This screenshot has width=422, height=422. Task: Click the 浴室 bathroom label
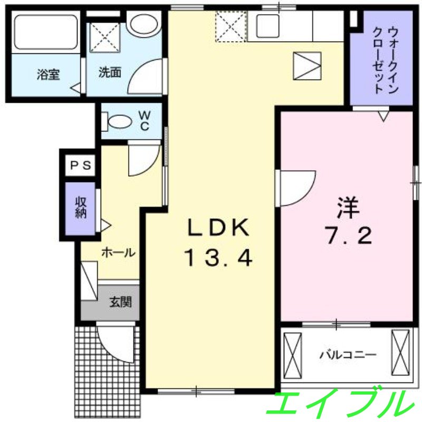[48, 74]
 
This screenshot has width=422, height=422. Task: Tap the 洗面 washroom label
[110, 72]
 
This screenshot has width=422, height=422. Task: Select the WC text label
[145, 121]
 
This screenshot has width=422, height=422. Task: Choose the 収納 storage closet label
[81, 207]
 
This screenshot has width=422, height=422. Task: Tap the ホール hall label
[118, 253]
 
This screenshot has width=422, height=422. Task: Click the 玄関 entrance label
[120, 302]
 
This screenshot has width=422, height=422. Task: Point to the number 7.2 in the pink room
[349, 235]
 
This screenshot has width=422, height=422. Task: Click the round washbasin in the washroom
[143, 24]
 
